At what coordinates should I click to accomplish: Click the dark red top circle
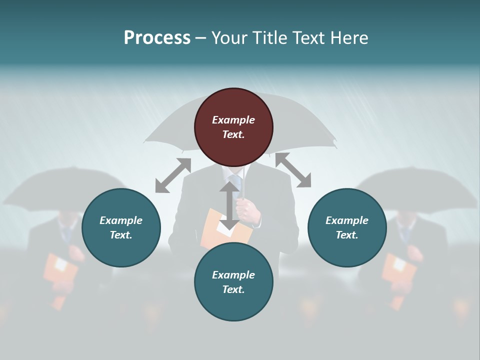(x=233, y=127)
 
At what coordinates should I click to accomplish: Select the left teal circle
(x=121, y=228)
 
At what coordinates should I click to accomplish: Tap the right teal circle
(x=347, y=228)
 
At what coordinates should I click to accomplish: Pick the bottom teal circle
(x=233, y=282)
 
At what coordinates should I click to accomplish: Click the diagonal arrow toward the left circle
(x=173, y=175)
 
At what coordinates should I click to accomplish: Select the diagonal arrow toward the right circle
(x=293, y=170)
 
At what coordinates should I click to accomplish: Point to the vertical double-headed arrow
(x=229, y=205)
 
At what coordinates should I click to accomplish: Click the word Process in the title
(x=157, y=37)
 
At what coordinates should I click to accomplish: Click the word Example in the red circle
(x=233, y=120)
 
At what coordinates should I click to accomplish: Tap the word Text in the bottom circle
(x=233, y=289)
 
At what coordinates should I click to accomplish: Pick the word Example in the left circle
(x=121, y=220)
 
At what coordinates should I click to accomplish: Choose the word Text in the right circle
(x=347, y=235)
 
